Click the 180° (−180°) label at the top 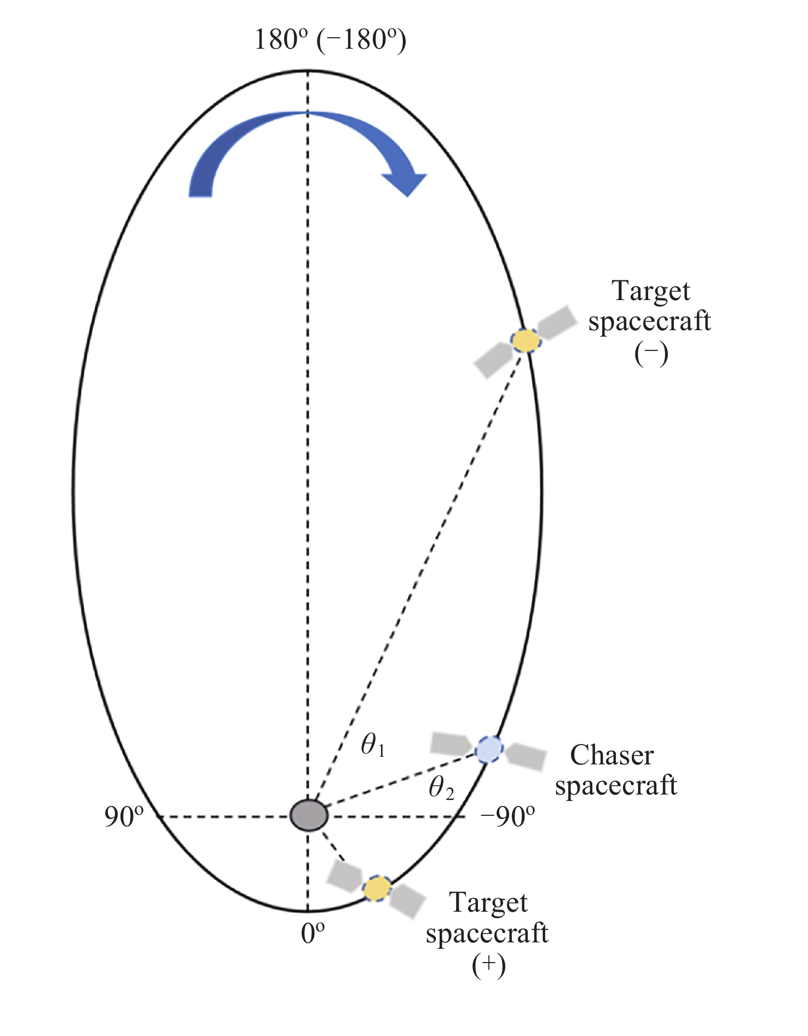point(330,40)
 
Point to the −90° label point(507,817)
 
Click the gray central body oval point(309,815)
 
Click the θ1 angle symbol point(373,745)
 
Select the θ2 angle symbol point(441,788)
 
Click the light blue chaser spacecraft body point(488,750)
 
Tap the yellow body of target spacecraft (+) point(378,889)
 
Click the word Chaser point(611,755)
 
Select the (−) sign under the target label point(651,354)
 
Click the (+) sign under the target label point(488,966)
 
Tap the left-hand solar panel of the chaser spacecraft point(451,743)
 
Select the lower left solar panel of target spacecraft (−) point(493,360)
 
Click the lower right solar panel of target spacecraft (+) point(408,901)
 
